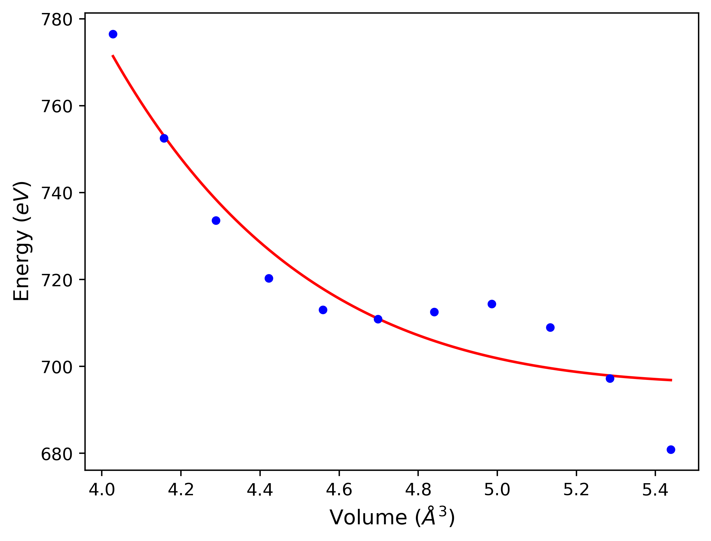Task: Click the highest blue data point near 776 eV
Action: tap(113, 34)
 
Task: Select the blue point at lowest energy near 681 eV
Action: tap(671, 449)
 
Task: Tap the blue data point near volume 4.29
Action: tap(216, 221)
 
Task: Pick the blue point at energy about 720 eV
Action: tap(269, 278)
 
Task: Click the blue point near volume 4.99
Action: tap(492, 304)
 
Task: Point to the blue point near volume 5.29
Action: tap(610, 379)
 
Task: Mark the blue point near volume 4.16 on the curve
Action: tap(164, 138)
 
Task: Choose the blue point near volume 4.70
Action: tap(378, 319)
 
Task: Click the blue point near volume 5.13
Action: tap(550, 327)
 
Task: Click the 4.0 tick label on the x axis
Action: tap(102, 490)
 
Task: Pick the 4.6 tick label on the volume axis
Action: tap(339, 490)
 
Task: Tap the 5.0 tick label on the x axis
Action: tap(497, 490)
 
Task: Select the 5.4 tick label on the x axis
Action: tap(655, 490)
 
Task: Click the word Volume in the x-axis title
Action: tap(368, 518)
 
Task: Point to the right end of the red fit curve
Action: tap(671, 380)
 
